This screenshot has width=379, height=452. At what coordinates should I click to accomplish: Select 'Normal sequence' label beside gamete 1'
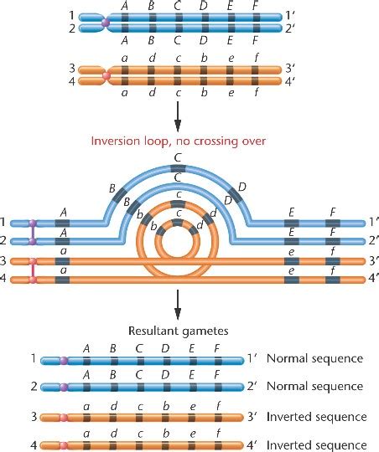[314, 358]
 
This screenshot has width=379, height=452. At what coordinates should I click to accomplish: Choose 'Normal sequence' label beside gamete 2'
[314, 387]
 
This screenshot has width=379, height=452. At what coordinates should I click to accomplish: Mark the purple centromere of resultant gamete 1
[64, 358]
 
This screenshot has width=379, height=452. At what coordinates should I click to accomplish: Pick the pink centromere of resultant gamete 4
[64, 444]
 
